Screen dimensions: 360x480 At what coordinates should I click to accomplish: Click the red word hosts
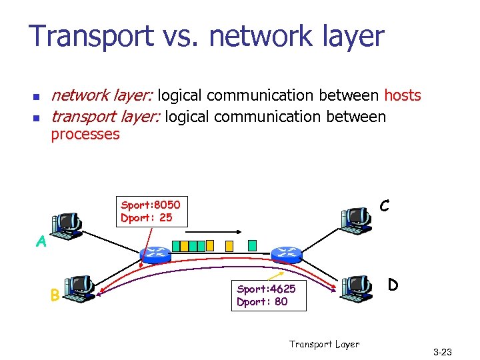[403, 95]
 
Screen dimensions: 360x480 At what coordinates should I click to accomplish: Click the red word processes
[85, 134]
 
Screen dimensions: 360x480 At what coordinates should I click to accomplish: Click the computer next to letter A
[67, 225]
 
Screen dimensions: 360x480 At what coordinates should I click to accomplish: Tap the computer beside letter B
[81, 289]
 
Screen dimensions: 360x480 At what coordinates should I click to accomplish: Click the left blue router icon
[156, 253]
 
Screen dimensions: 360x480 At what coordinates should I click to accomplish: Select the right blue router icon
[287, 253]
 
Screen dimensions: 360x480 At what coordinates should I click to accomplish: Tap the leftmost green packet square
[184, 245]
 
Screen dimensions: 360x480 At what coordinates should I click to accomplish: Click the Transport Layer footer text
[324, 344]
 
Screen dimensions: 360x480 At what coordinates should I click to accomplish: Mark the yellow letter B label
[55, 294]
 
